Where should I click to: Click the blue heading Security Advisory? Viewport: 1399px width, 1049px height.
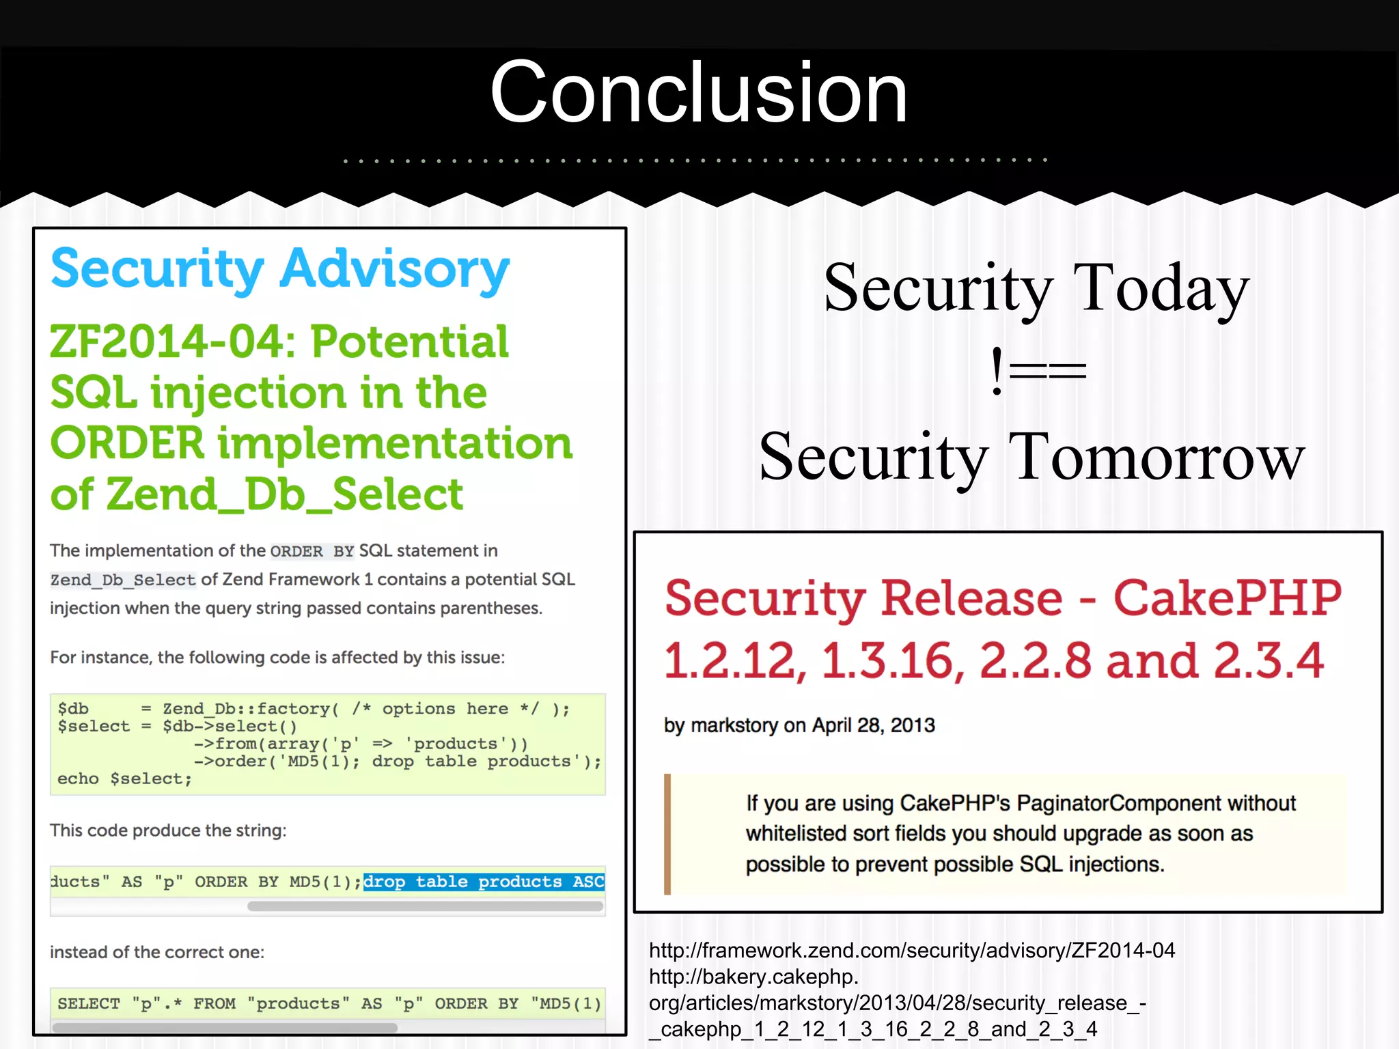[280, 269]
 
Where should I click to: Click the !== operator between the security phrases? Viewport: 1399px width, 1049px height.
[1038, 372]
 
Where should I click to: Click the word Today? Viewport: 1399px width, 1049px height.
[1161, 288]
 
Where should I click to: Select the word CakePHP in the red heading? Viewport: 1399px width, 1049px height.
[1227, 598]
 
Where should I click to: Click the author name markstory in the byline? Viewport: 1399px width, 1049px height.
[734, 725]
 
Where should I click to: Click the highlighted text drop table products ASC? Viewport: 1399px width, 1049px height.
[484, 882]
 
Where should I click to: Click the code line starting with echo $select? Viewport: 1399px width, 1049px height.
[124, 779]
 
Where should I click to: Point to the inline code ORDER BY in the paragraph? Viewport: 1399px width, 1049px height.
[312, 551]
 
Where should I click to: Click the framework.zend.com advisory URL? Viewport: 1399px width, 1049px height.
[912, 950]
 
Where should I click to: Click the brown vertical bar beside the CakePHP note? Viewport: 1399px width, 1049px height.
[667, 834]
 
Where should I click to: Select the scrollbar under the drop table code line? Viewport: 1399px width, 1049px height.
[425, 906]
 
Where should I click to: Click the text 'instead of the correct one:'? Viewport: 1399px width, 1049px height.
[157, 952]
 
